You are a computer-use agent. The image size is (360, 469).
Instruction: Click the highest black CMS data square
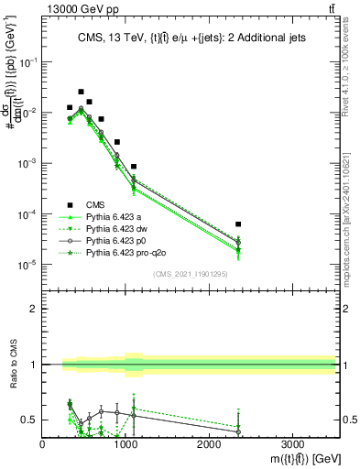click(x=82, y=92)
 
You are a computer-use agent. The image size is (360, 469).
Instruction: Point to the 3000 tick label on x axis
click(x=292, y=444)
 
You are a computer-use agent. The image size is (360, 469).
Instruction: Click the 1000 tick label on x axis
click(x=125, y=444)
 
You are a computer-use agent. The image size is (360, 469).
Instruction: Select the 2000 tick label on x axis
click(x=209, y=444)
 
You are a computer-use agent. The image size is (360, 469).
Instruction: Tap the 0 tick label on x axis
click(x=43, y=444)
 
